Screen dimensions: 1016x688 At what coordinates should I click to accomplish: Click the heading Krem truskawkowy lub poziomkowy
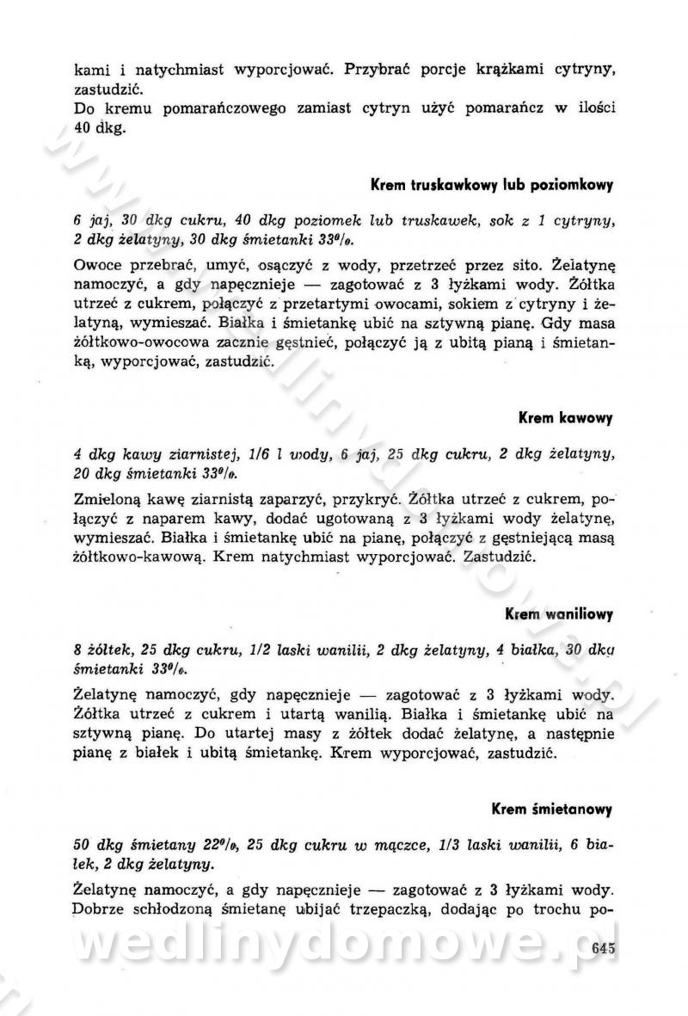coord(491,185)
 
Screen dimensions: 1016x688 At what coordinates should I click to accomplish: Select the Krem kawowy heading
coord(565,419)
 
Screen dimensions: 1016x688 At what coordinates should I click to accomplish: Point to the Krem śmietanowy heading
coord(551,809)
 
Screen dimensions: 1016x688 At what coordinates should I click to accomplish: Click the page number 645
coord(605,949)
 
